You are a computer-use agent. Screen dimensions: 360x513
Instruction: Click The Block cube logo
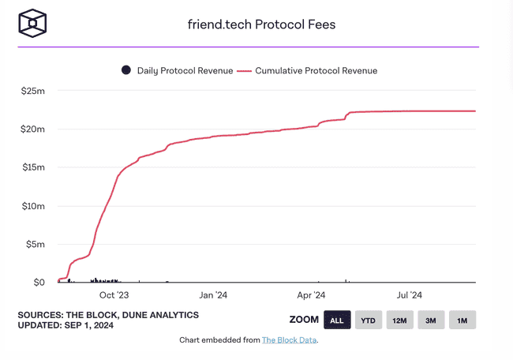[33, 23]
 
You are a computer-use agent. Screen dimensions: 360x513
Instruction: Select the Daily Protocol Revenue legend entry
[178, 70]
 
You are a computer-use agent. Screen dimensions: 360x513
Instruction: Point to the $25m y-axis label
[33, 91]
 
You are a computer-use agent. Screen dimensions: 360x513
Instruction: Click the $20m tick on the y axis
[33, 129]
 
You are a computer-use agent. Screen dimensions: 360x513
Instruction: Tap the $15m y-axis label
[33, 167]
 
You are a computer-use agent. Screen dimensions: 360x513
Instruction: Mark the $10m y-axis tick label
[33, 205]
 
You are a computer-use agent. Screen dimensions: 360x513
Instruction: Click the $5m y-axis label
[36, 244]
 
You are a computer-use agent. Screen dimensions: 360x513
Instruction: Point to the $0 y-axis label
[39, 282]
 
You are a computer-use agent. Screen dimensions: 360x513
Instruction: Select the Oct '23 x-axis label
[114, 295]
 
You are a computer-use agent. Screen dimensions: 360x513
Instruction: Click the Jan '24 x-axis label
[214, 295]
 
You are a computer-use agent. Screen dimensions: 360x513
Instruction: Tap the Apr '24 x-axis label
[312, 295]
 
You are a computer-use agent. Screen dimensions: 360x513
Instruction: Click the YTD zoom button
[369, 320]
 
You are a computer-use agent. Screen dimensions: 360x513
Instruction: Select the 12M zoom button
[399, 320]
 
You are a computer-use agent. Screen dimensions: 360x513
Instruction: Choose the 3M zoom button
[431, 320]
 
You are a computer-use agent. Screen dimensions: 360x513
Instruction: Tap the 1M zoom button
[462, 320]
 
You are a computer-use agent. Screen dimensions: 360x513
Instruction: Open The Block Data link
[290, 340]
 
